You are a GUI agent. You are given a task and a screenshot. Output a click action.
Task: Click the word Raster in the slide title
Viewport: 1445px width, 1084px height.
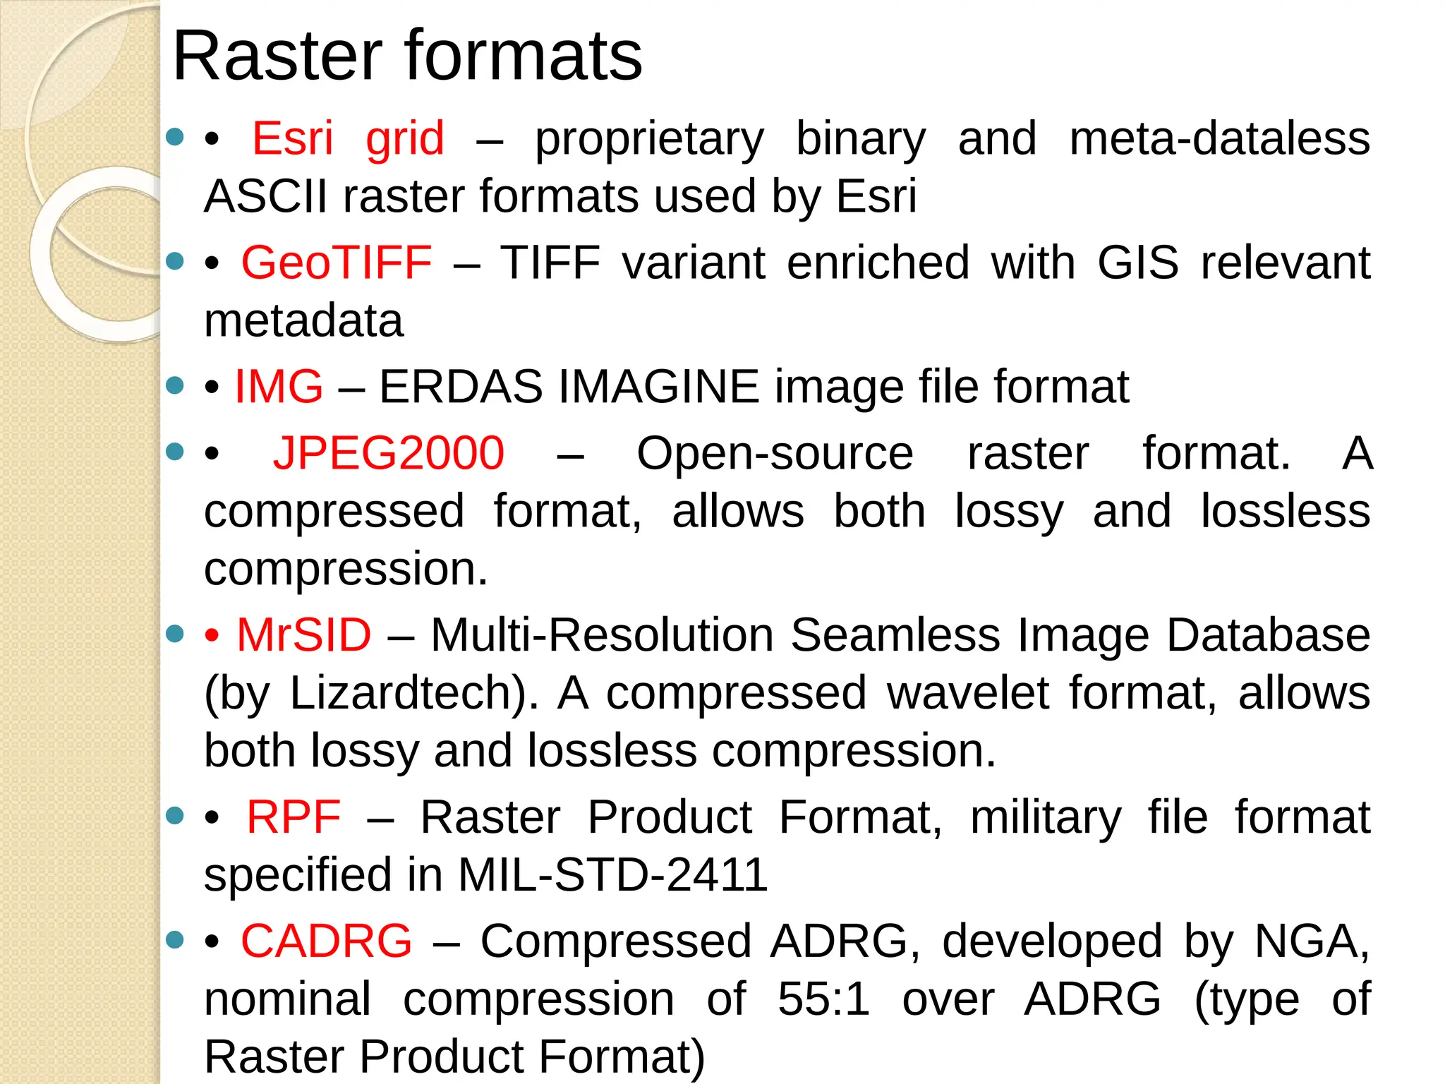click(277, 56)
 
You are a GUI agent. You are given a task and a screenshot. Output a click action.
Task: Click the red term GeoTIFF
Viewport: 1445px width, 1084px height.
click(337, 263)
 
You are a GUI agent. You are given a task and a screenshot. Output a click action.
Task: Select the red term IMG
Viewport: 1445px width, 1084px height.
click(279, 387)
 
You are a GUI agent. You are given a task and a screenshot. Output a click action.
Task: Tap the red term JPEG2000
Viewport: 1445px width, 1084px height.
click(389, 453)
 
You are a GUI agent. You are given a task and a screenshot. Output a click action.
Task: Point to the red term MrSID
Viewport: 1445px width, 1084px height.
click(303, 634)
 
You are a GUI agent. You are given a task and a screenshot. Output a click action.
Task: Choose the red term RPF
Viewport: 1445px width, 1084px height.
click(294, 817)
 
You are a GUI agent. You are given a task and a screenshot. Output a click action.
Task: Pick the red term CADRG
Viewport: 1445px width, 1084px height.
click(326, 941)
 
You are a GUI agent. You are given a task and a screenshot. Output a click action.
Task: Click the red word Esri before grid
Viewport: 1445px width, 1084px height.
click(292, 138)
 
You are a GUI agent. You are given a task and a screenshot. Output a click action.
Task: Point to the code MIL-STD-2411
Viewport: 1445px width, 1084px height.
click(612, 875)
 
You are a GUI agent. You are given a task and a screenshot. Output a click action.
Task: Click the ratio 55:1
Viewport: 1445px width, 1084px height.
click(823, 999)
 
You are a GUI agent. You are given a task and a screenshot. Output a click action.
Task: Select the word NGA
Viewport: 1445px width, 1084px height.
click(1311, 941)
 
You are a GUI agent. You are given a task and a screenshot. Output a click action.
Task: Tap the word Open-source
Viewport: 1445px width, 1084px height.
click(775, 453)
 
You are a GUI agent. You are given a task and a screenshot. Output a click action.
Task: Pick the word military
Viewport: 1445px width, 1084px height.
click(1046, 817)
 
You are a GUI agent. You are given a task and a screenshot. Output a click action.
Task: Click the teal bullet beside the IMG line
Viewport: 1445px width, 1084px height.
click(174, 385)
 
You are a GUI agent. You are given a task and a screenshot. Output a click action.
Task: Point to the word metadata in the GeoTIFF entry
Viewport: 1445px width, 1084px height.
click(303, 321)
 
